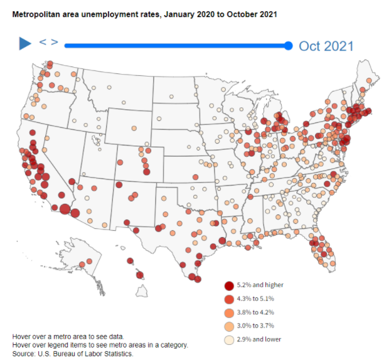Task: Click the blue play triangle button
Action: click(x=25, y=43)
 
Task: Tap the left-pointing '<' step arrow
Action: click(x=43, y=42)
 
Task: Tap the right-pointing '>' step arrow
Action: click(x=55, y=42)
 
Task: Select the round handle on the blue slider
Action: click(x=288, y=45)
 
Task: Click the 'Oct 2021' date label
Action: click(x=326, y=46)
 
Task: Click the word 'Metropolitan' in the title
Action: click(x=35, y=13)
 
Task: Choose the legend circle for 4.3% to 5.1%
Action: click(x=229, y=299)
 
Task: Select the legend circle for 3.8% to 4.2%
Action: click(x=229, y=312)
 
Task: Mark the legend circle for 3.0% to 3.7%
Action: click(x=229, y=326)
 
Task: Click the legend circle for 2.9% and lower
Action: click(x=229, y=339)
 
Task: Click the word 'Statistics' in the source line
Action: click(x=117, y=354)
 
